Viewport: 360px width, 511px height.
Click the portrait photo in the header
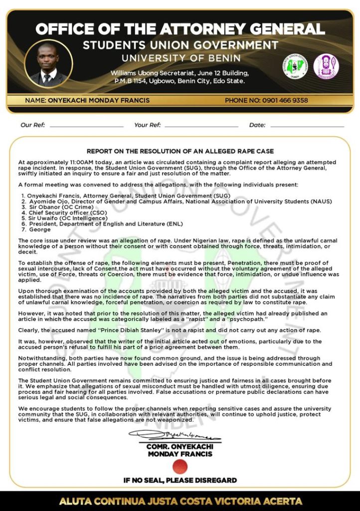point(48,64)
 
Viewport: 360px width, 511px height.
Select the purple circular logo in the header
point(326,66)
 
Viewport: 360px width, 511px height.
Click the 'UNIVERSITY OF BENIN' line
point(180,58)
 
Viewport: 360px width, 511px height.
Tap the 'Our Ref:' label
point(33,125)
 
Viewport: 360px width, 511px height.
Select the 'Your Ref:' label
point(148,125)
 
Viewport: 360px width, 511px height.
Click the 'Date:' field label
point(257,125)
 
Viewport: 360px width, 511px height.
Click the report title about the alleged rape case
point(180,151)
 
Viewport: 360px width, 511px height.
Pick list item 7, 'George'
point(39,230)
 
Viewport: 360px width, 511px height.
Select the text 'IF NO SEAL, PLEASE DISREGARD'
point(180,481)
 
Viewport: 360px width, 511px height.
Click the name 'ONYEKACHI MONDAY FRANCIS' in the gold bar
point(87,100)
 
